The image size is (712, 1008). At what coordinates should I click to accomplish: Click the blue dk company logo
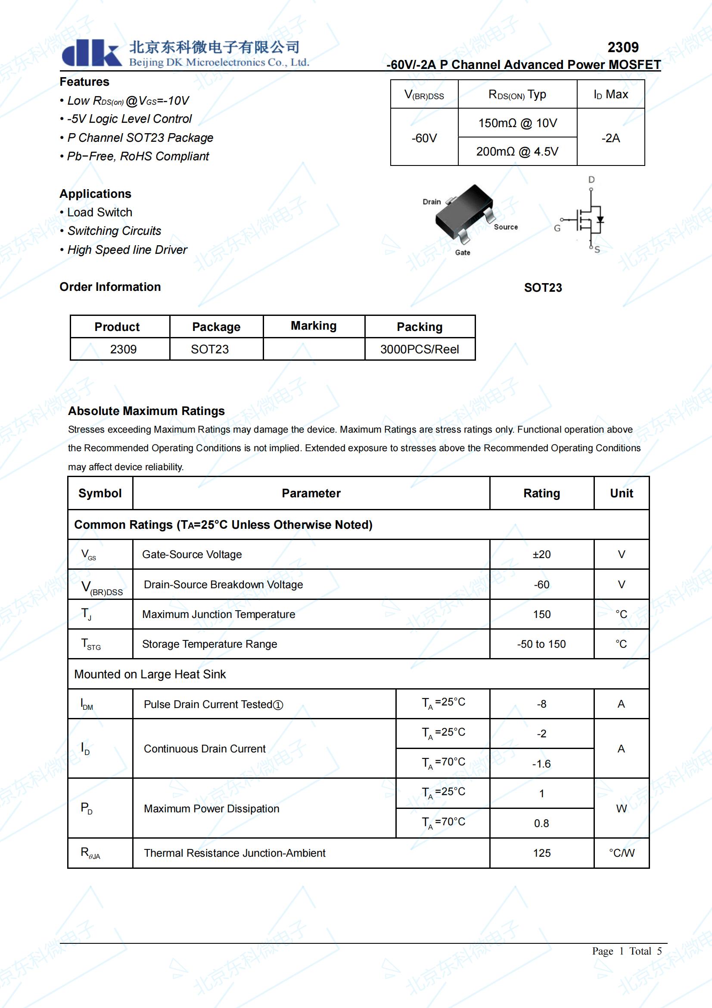tap(91, 53)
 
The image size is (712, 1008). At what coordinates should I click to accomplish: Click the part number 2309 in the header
tap(622, 47)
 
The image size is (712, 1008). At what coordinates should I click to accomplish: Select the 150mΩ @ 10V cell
tap(517, 123)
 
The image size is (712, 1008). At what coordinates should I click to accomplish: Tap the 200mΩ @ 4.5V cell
tap(517, 151)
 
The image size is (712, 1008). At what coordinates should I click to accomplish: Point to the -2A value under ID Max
tap(610, 138)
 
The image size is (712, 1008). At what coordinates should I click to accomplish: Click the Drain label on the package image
tap(432, 202)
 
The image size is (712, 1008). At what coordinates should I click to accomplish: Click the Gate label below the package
tap(462, 253)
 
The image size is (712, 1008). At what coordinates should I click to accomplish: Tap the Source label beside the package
tap(505, 227)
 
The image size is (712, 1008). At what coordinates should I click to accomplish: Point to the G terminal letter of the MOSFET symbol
tap(557, 228)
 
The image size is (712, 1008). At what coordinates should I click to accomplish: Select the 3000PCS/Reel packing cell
tap(420, 350)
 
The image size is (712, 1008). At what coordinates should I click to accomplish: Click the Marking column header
tap(314, 326)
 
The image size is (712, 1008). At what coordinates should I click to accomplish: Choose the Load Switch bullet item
tap(99, 212)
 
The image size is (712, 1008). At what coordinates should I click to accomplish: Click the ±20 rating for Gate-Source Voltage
tap(541, 555)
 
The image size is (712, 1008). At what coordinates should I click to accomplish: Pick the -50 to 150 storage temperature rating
tap(541, 644)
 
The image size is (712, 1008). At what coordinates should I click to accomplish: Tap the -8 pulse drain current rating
tap(541, 704)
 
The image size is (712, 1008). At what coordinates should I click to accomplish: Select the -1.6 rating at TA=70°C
tap(541, 764)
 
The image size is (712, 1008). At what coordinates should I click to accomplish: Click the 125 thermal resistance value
tap(541, 853)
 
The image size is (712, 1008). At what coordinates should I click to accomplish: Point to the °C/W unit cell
tap(621, 853)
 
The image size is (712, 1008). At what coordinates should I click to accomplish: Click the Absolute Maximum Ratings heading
tap(146, 411)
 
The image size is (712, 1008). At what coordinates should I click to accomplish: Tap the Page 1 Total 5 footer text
tap(626, 951)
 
